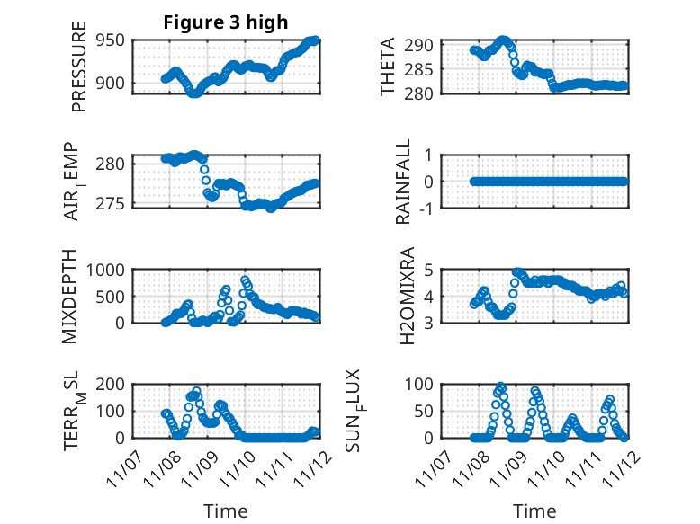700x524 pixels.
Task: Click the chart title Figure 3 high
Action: (x=225, y=22)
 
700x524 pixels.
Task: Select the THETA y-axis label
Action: (x=388, y=67)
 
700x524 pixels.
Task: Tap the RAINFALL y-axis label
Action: (x=404, y=182)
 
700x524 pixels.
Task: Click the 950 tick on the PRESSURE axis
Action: (x=112, y=41)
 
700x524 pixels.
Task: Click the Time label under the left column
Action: (x=225, y=511)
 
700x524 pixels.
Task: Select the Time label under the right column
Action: (x=534, y=511)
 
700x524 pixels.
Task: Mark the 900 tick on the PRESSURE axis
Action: (x=112, y=84)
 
